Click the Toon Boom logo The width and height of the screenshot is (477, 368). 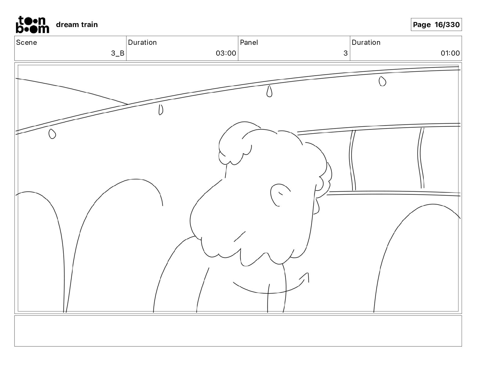(32, 24)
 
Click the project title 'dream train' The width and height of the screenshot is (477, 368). (77, 25)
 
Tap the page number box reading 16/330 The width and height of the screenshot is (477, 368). (436, 25)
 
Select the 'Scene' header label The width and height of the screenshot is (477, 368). (26, 42)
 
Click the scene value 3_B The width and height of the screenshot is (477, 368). (117, 53)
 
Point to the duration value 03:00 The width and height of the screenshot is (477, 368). (226, 53)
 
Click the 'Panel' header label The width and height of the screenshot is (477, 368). (249, 42)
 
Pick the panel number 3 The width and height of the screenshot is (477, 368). (345, 53)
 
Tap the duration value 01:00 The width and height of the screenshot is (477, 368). (450, 53)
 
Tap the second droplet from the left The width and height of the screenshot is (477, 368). (161, 110)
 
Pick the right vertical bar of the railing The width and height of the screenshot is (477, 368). (421, 158)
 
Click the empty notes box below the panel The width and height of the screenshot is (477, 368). (238, 331)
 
